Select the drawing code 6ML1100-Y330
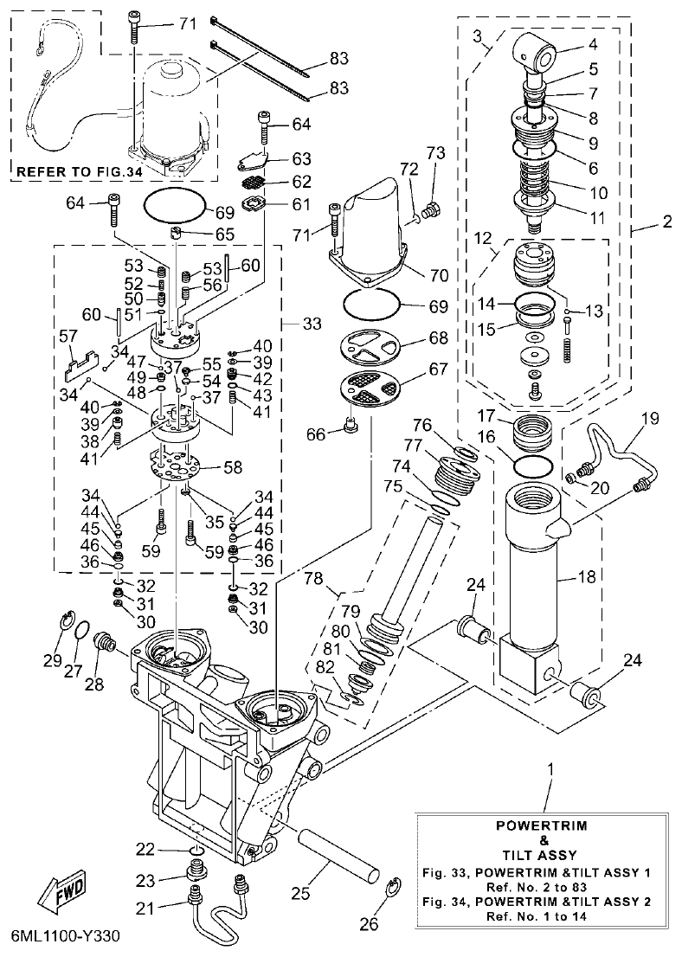point(66,936)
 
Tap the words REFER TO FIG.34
point(78,172)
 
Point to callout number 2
point(666,221)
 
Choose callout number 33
point(312,324)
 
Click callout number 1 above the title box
point(551,768)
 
